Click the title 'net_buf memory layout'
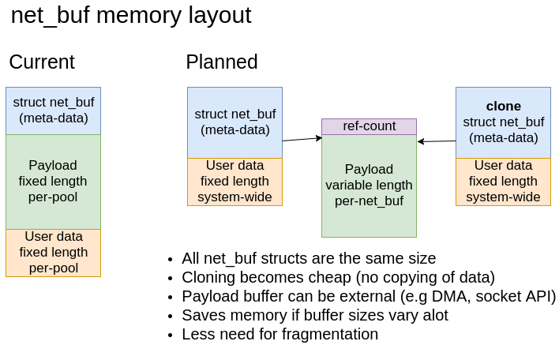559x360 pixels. (x=131, y=16)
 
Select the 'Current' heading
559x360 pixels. (x=42, y=62)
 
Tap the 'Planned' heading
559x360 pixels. (x=221, y=62)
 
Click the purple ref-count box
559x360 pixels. (x=369, y=126)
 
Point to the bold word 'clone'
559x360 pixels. (x=503, y=106)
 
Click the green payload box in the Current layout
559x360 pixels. (x=53, y=182)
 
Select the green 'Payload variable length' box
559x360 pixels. (x=369, y=186)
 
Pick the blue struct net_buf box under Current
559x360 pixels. (x=53, y=111)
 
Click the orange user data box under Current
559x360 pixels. (x=53, y=253)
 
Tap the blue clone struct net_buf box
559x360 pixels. (x=503, y=122)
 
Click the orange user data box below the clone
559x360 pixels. (x=503, y=182)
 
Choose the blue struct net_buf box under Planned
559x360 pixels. (x=234, y=122)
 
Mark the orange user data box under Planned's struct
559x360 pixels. (x=234, y=182)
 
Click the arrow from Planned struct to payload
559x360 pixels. (x=302, y=139)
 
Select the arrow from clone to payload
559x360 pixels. (x=437, y=141)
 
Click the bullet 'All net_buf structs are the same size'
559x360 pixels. (x=309, y=258)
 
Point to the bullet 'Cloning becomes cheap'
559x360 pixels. (x=338, y=277)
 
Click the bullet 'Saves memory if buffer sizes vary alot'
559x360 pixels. (x=314, y=315)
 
